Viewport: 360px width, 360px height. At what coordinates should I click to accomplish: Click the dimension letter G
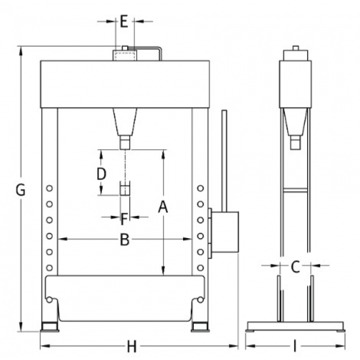(20, 191)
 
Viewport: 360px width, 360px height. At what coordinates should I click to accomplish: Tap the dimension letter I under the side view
(296, 347)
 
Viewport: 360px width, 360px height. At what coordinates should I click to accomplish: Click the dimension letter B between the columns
(124, 239)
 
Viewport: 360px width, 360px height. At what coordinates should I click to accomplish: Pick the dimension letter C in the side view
(295, 267)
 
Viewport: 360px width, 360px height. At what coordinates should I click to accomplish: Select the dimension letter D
(101, 174)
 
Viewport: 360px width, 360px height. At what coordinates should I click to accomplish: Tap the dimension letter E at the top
(124, 22)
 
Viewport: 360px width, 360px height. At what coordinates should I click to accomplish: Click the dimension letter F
(124, 217)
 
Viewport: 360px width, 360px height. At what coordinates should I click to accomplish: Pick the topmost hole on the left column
(49, 189)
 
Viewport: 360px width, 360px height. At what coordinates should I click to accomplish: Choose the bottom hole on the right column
(200, 266)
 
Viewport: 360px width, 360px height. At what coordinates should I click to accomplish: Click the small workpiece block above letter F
(125, 190)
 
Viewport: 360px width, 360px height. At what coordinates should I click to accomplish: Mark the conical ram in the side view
(295, 124)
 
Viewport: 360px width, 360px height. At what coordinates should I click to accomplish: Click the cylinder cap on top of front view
(124, 55)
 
